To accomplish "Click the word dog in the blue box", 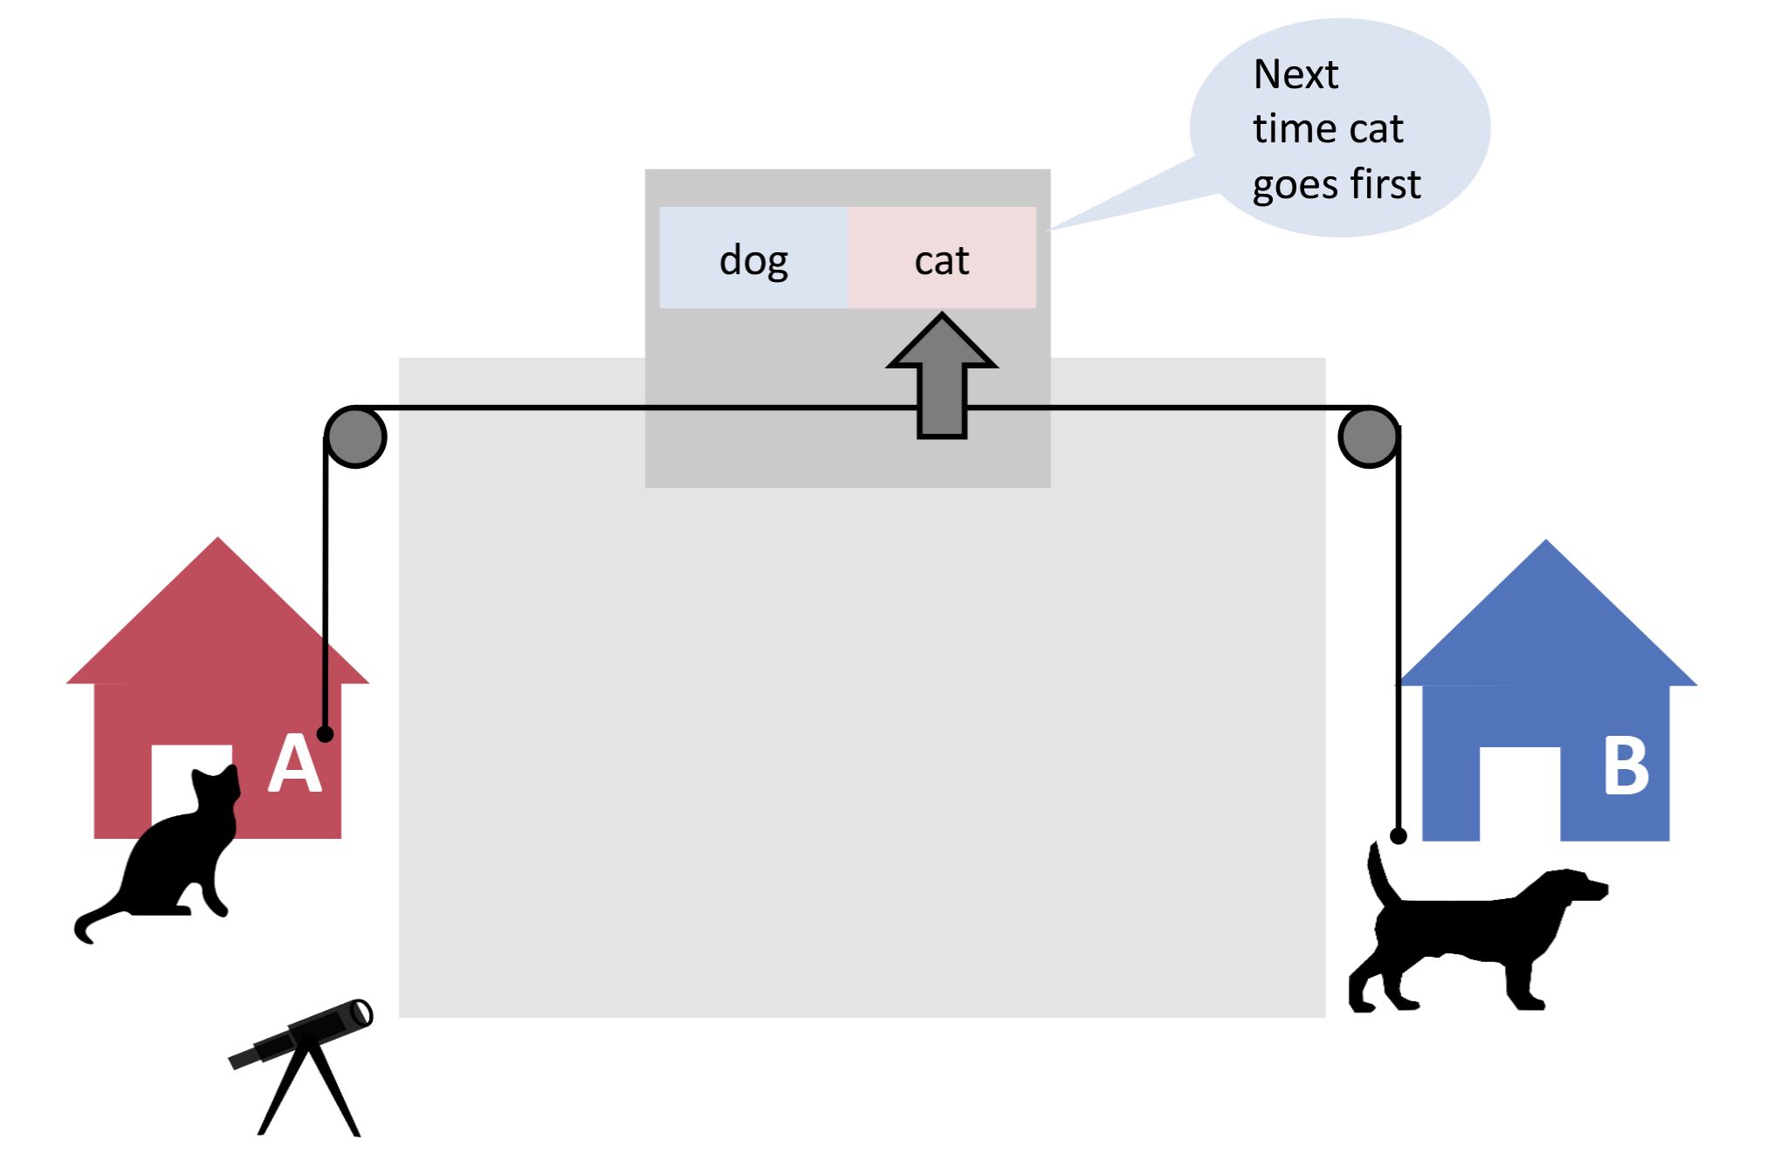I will pos(753,260).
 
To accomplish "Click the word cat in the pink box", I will pos(941,260).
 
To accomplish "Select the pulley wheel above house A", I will pos(355,436).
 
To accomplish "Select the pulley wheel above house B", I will pos(1368,436).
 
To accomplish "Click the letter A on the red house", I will pos(294,764).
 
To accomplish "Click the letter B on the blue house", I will pos(1625,766).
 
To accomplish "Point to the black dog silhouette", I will pos(1475,934).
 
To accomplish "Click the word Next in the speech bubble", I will pos(1295,75).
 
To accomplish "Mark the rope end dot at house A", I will pos(325,734).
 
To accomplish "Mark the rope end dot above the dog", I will pos(1398,835).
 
